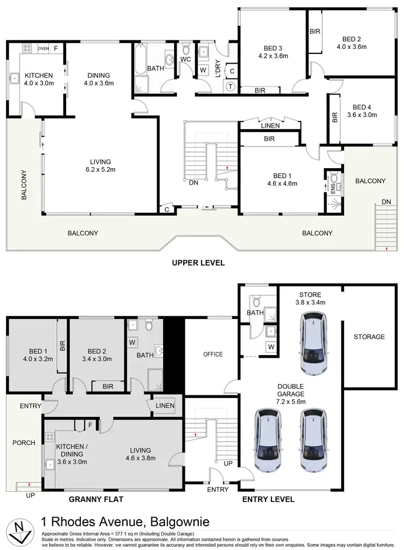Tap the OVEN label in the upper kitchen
44,49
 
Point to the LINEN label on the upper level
270,126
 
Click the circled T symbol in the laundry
231,87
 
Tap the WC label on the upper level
185,59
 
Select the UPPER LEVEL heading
198,263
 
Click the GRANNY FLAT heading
96,499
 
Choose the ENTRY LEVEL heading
268,499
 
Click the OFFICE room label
213,354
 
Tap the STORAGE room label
369,337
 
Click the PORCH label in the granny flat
24,443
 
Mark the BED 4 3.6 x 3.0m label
362,110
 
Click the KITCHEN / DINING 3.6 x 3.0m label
71,454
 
